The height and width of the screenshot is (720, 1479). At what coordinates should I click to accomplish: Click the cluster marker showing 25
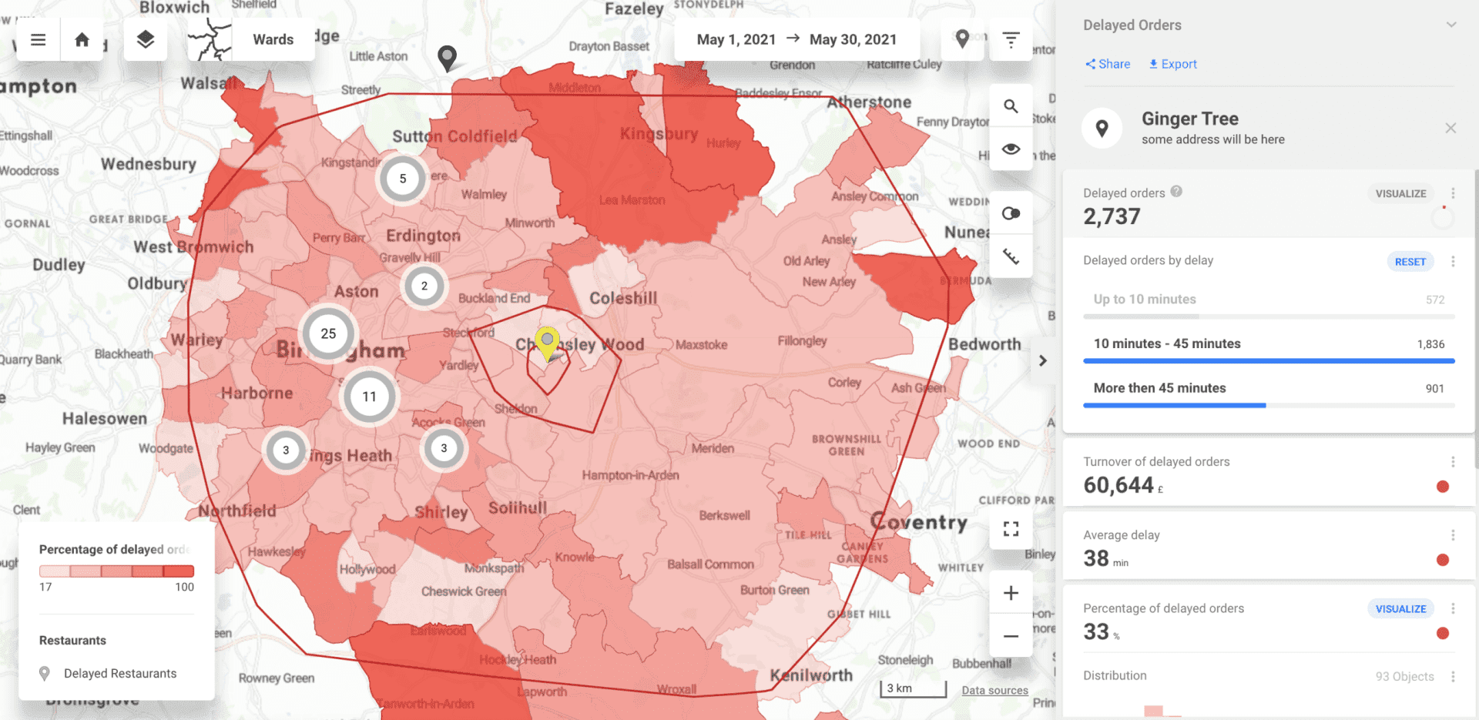328,333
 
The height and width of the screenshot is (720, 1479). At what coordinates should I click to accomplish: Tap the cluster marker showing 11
369,397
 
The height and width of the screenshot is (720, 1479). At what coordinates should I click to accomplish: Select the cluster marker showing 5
402,179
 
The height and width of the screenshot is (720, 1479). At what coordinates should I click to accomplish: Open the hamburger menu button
38,39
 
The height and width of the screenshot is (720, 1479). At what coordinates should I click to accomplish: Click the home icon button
82,39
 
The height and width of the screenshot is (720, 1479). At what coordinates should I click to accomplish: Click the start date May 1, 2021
736,39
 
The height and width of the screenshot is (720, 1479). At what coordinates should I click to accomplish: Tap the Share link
1108,64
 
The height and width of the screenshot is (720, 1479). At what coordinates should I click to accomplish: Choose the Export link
1172,64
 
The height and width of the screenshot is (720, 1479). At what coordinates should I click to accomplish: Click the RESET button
1410,262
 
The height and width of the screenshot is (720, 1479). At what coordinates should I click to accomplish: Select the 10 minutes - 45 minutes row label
1167,343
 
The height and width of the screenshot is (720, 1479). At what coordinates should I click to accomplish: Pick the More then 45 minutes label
1159,388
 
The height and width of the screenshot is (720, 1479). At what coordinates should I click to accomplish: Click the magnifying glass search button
1011,106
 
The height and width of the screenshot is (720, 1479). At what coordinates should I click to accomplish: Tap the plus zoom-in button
1011,593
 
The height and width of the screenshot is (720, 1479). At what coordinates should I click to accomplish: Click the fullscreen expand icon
1011,529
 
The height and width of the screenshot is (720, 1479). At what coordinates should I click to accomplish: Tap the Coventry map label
918,522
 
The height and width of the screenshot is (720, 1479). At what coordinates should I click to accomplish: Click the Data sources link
994,690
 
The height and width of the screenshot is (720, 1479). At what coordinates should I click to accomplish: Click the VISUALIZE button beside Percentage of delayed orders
1400,609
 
